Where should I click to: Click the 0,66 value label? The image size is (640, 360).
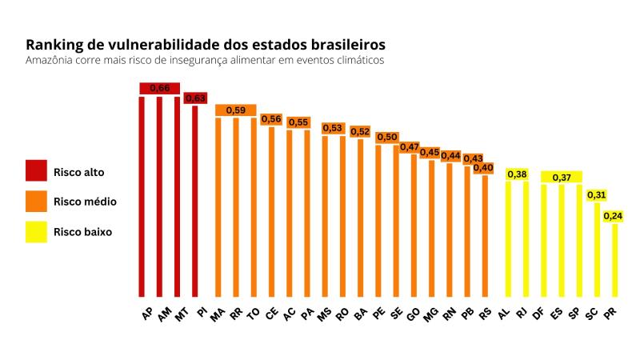(x=159, y=87)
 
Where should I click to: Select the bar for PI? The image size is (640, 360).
(x=195, y=200)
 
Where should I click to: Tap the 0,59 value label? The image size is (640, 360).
(x=235, y=110)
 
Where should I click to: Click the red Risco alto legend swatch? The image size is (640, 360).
(x=37, y=171)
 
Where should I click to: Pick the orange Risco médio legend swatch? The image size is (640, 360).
(x=37, y=202)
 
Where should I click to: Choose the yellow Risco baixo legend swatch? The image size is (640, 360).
(x=37, y=232)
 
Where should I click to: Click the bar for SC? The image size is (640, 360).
(x=597, y=249)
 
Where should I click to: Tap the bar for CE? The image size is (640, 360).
(x=271, y=211)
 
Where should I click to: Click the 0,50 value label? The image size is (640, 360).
(x=387, y=138)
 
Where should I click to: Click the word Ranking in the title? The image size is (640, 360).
(x=54, y=44)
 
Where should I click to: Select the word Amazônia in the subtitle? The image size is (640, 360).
(x=50, y=61)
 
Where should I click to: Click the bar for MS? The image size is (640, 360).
(x=325, y=216)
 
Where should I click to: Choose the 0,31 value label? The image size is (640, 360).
(x=596, y=194)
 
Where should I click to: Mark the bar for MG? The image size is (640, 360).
(x=432, y=228)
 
